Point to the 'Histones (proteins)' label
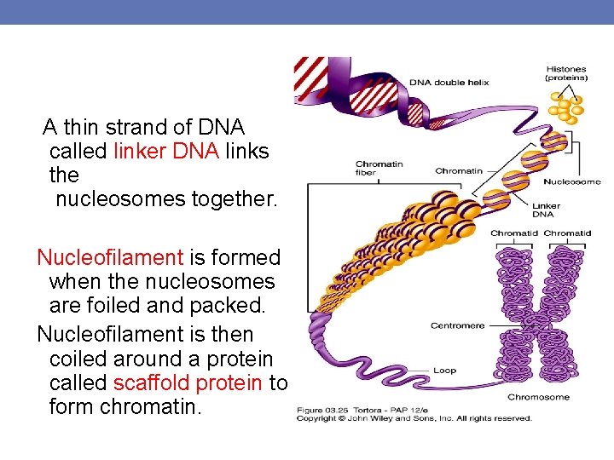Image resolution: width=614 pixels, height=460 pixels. point(566,72)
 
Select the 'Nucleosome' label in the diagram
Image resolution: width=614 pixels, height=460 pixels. point(572,181)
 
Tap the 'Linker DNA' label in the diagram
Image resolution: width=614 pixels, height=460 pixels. point(546,210)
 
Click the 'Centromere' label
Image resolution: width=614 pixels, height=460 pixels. point(457,325)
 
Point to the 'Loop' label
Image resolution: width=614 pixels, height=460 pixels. point(444,371)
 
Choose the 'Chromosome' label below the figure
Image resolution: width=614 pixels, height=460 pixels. point(539,397)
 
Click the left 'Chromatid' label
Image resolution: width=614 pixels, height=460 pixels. point(513,233)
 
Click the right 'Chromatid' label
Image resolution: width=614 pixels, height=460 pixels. point(567,233)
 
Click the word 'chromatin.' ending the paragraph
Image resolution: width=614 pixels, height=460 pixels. point(151,407)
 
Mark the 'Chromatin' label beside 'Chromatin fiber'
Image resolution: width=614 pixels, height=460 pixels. point(459,171)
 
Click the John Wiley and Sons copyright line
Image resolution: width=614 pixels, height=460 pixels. point(414,418)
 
